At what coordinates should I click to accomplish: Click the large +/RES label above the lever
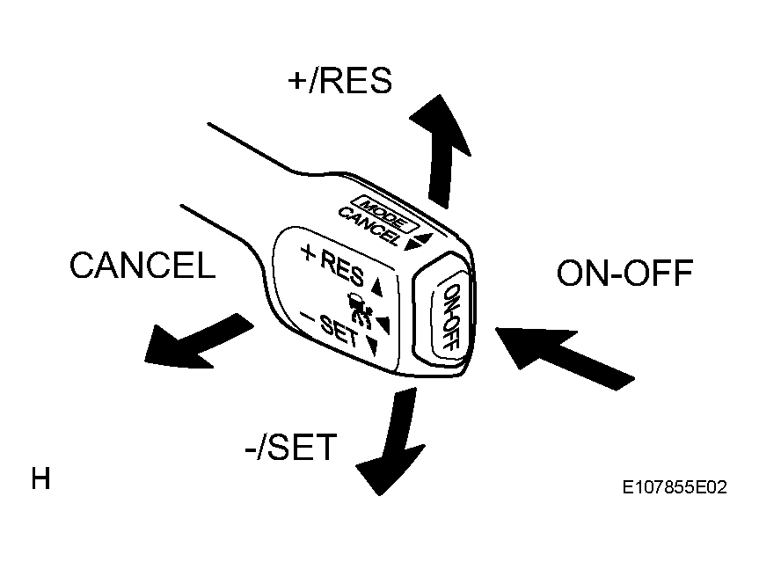pyautogui.click(x=339, y=81)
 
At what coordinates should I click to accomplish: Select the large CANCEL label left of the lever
pyautogui.click(x=142, y=266)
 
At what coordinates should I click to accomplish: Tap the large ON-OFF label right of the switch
pyautogui.click(x=625, y=273)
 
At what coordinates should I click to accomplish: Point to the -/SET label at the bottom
pyautogui.click(x=291, y=447)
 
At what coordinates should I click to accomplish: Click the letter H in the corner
pyautogui.click(x=40, y=478)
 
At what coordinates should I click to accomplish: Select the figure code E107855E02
pyautogui.click(x=675, y=487)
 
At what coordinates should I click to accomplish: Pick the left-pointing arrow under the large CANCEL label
pyautogui.click(x=199, y=340)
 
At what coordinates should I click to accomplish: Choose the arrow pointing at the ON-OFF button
pyautogui.click(x=565, y=357)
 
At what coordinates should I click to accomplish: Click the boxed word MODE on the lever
pyautogui.click(x=383, y=214)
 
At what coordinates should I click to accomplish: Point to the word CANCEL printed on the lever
pyautogui.click(x=369, y=226)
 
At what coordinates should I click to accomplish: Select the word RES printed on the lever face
pyautogui.click(x=342, y=268)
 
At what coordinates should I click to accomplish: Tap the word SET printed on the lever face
pyautogui.click(x=339, y=331)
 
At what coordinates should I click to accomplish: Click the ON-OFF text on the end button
pyautogui.click(x=450, y=317)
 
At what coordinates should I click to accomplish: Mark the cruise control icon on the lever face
pyautogui.click(x=360, y=310)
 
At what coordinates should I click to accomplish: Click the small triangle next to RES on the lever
pyautogui.click(x=377, y=287)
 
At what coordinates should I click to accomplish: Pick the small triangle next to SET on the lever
pyautogui.click(x=373, y=347)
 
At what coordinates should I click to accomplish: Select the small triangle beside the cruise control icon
pyautogui.click(x=383, y=325)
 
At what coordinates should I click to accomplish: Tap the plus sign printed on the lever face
pyautogui.click(x=308, y=252)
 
